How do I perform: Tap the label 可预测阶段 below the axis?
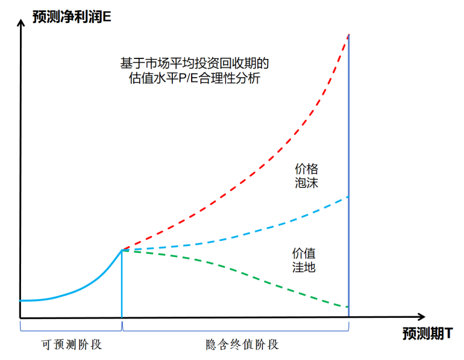click(72, 344)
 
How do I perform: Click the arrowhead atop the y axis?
click(22, 26)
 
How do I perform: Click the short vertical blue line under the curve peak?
click(122, 283)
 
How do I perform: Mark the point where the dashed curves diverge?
click(122, 250)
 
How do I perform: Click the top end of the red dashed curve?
click(348, 36)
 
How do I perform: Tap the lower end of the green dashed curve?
click(348, 307)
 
